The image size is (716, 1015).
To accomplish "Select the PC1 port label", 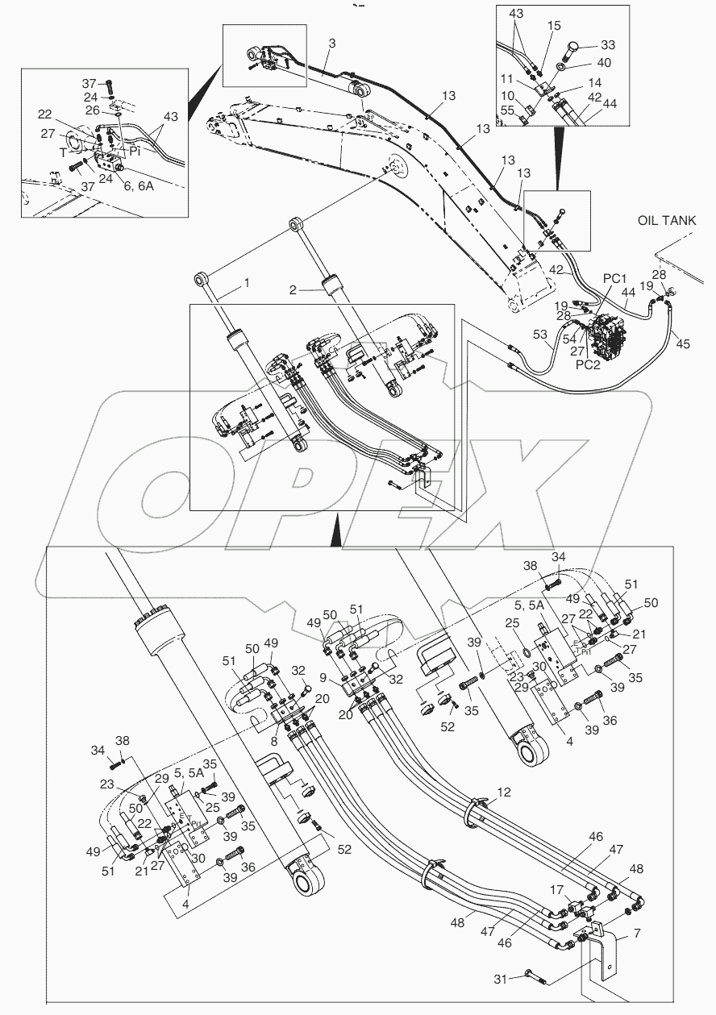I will click(x=615, y=279).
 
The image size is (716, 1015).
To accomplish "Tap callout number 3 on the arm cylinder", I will click(x=331, y=42).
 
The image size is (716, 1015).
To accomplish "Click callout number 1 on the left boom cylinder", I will click(x=247, y=285).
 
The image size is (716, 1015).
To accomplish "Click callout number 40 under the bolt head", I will click(x=605, y=64).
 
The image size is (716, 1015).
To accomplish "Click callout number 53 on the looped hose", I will click(x=538, y=334).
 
